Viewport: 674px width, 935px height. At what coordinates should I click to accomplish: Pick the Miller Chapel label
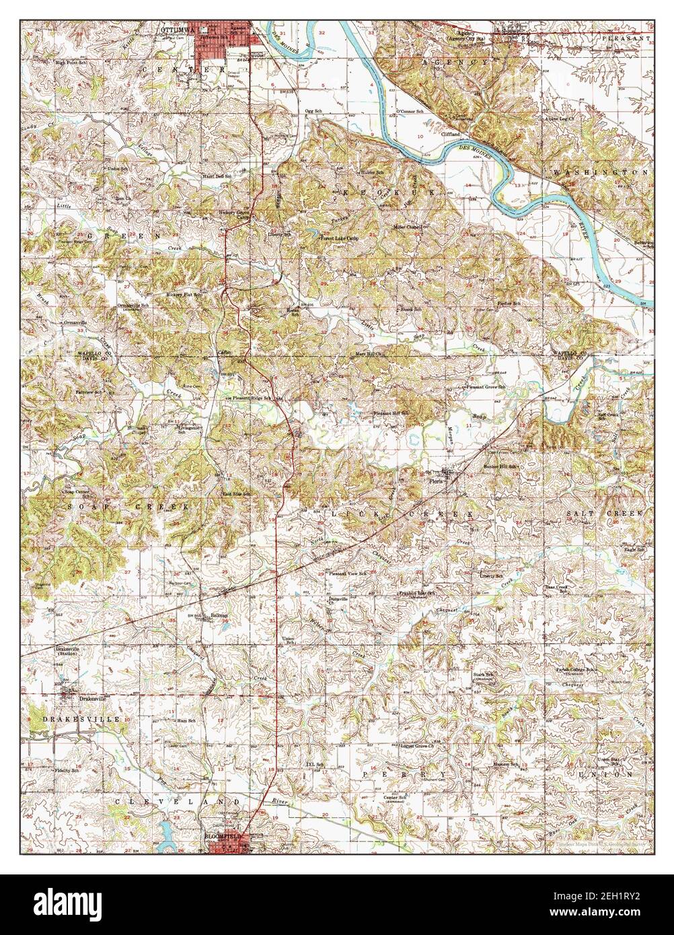(408, 227)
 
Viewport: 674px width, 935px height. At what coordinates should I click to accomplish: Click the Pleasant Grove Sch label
(487, 387)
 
